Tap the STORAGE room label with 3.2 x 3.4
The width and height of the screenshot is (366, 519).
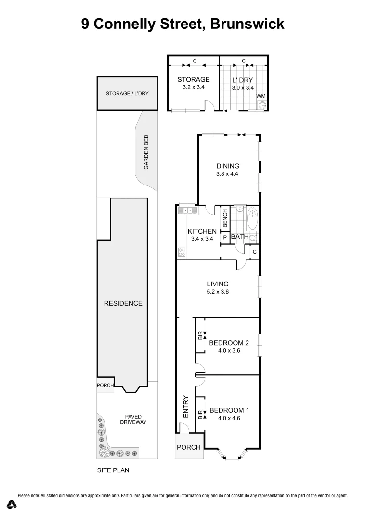click(x=193, y=80)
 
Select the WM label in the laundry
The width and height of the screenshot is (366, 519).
click(x=261, y=96)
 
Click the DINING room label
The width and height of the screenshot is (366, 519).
click(x=228, y=166)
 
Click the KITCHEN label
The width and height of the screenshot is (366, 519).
click(x=202, y=231)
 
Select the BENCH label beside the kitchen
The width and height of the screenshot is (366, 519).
click(x=225, y=219)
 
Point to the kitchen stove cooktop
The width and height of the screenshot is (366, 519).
click(x=182, y=251)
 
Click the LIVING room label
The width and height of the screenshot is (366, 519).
click(x=218, y=284)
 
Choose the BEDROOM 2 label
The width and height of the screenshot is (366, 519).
click(x=229, y=343)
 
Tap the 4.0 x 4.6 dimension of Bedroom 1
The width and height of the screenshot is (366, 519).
click(x=229, y=418)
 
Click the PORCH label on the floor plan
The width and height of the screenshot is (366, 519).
click(x=189, y=447)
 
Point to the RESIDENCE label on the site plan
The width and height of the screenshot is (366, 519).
click(x=123, y=303)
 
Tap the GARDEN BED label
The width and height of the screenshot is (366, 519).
click(x=146, y=152)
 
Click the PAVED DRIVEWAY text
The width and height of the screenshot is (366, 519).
click(x=132, y=420)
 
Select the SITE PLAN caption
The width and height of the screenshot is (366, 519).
click(x=113, y=471)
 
